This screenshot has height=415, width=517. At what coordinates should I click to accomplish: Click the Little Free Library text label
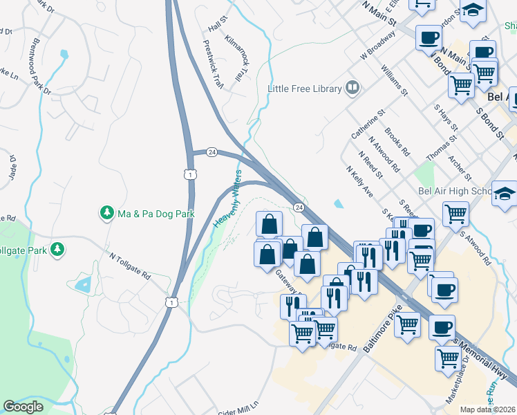pos(305,89)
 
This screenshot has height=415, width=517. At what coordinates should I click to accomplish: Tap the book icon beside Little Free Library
pos(352,88)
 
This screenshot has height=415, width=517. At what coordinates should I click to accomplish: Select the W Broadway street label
pos(377,47)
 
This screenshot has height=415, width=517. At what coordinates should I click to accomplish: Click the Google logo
pos(23,407)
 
